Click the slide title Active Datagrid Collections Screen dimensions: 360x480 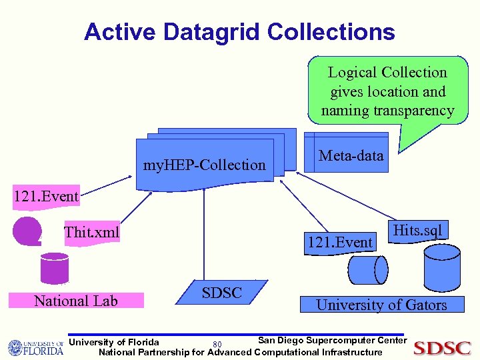[x=239, y=31]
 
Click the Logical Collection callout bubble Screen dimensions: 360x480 [x=387, y=91]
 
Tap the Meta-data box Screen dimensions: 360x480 [x=351, y=157]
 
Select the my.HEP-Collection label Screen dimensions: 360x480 [x=205, y=165]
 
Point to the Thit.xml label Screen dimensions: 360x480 [x=91, y=232]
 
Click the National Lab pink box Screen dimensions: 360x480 [x=76, y=301]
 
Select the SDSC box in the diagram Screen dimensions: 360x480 [x=222, y=293]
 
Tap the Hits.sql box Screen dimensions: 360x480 [x=418, y=231]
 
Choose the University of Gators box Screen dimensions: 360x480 [x=381, y=305]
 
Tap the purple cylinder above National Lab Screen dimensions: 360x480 [x=54, y=268]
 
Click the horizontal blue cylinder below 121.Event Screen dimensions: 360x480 [x=367, y=271]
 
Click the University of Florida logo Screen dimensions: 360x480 [x=35, y=347]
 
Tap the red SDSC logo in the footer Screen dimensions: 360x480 [x=443, y=347]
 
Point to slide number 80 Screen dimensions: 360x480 [x=217, y=344]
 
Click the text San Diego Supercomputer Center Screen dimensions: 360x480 [x=331, y=340]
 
